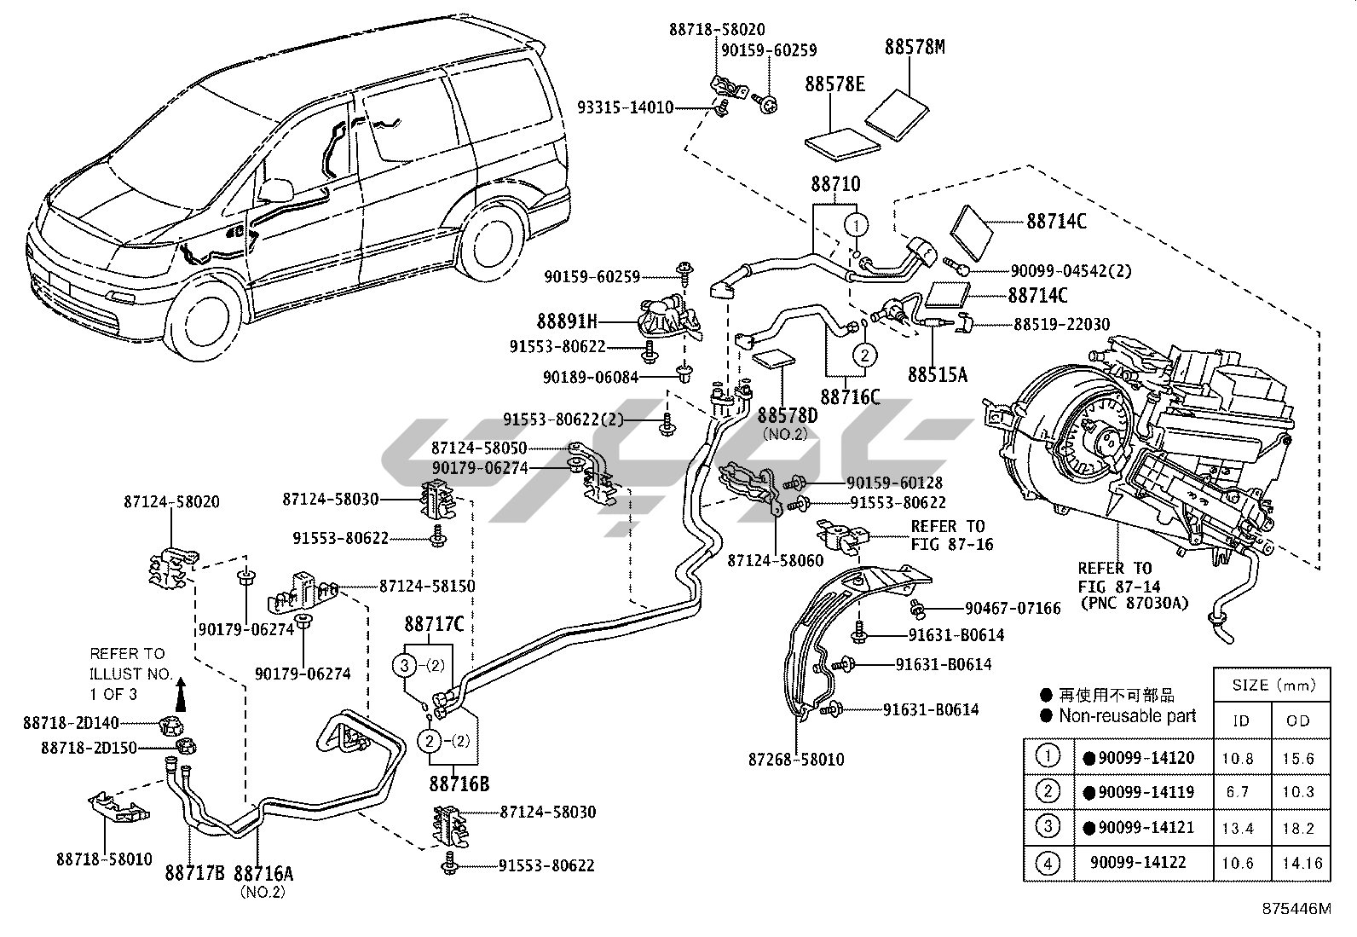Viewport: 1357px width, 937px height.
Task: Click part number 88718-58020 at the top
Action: [x=717, y=29]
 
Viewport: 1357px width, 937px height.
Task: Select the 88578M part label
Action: [x=915, y=47]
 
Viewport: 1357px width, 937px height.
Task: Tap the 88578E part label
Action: [x=834, y=84]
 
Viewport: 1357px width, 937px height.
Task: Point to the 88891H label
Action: [x=567, y=321]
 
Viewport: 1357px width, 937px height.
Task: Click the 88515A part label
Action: [x=937, y=374]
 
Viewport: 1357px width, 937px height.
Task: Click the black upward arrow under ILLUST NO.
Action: [x=181, y=695]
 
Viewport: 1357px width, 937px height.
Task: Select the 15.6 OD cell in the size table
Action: [x=1298, y=758]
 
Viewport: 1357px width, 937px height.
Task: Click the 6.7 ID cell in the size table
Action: [x=1238, y=792]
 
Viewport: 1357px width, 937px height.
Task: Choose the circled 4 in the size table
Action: [x=1048, y=863]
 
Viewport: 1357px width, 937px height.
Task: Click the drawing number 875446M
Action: [x=1296, y=909]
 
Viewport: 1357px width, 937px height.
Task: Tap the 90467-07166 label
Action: [x=1013, y=608]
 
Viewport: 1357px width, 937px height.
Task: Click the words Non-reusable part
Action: [x=1127, y=716]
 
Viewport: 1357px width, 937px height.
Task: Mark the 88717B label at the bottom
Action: [x=194, y=872]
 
